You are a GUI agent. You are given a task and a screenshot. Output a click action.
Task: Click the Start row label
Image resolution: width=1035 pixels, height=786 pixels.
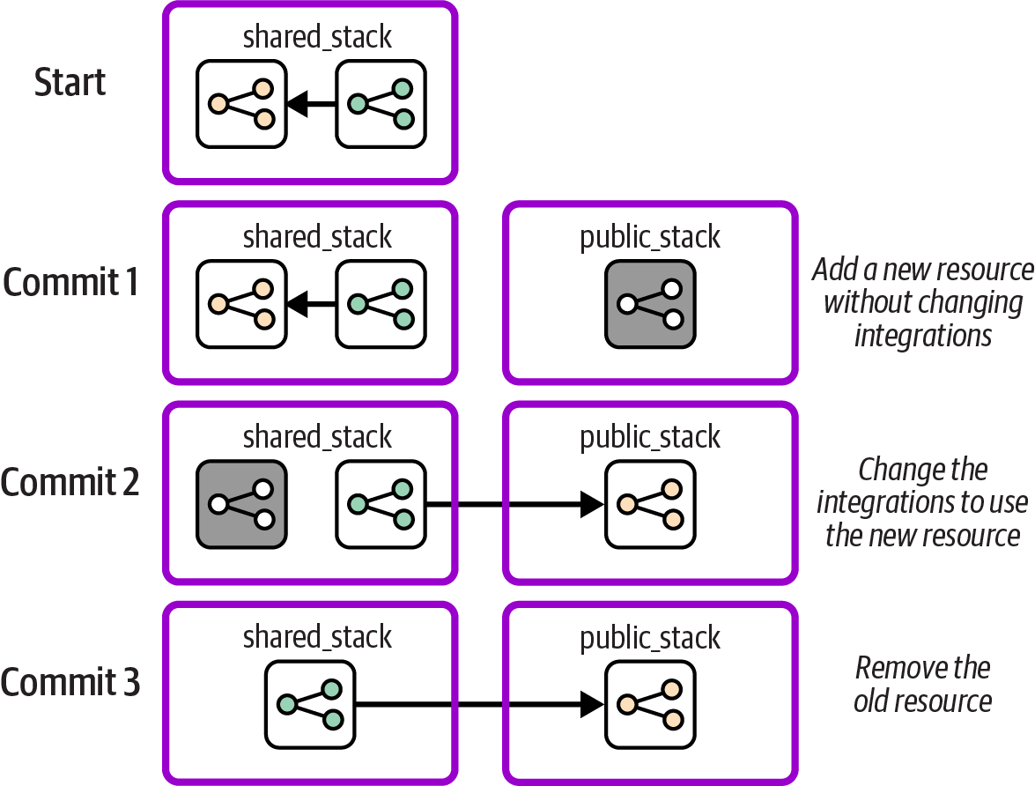click(70, 82)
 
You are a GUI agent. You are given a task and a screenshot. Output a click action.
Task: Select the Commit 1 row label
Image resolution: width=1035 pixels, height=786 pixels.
click(70, 282)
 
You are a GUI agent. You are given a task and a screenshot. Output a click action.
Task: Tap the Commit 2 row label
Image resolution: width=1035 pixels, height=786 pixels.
click(70, 482)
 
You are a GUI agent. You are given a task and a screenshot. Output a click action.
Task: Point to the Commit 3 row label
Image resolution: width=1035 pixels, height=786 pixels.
click(70, 683)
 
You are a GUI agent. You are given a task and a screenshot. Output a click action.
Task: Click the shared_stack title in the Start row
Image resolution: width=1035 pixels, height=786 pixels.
click(317, 37)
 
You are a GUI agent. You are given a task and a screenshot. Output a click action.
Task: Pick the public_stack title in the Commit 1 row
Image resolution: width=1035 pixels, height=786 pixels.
click(650, 237)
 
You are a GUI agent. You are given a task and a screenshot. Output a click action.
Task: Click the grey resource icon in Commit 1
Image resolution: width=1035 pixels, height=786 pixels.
click(650, 304)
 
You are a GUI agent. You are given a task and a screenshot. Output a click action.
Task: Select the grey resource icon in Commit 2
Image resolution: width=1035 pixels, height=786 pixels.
click(241, 504)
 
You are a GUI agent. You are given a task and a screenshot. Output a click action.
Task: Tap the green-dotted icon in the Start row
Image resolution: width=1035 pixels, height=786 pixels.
click(381, 104)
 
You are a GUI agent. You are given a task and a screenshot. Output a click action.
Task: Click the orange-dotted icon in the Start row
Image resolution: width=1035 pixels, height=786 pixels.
click(241, 104)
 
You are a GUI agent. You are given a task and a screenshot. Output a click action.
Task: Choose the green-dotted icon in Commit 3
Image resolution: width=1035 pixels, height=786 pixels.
click(310, 704)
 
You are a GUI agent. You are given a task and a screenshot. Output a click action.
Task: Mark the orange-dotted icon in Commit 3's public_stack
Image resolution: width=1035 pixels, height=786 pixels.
click(650, 704)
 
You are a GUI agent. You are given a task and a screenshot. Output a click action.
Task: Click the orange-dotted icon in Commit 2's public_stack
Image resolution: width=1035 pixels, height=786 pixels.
click(650, 504)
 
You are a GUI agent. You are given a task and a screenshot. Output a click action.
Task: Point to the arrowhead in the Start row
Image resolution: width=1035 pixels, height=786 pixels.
click(299, 104)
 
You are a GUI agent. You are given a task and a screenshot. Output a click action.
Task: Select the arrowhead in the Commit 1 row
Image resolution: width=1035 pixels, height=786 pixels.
click(299, 304)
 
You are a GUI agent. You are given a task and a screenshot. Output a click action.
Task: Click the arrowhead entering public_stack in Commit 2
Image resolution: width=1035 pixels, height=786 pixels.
click(591, 504)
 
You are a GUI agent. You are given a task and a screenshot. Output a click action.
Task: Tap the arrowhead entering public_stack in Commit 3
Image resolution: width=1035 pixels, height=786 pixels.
click(591, 704)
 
